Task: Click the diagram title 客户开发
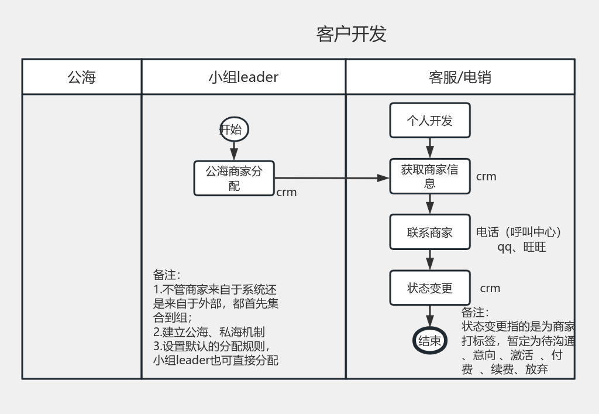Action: click(351, 34)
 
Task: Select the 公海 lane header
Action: click(82, 77)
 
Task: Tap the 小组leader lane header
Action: click(243, 77)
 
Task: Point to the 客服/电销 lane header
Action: click(460, 77)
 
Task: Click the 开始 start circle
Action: click(234, 129)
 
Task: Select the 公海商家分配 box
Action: click(234, 178)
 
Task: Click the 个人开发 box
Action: click(430, 121)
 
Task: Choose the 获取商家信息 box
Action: click(430, 176)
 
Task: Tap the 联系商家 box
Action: click(430, 232)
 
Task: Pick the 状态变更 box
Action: click(430, 288)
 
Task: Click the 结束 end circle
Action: click(430, 341)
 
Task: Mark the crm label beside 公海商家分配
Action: click(287, 192)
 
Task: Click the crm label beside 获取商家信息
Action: click(486, 176)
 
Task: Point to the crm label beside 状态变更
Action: click(490, 288)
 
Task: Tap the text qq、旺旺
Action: click(522, 247)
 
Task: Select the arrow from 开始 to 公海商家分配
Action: click(234, 151)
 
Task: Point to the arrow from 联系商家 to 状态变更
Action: click(430, 260)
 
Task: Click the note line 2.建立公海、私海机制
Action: click(208, 332)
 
